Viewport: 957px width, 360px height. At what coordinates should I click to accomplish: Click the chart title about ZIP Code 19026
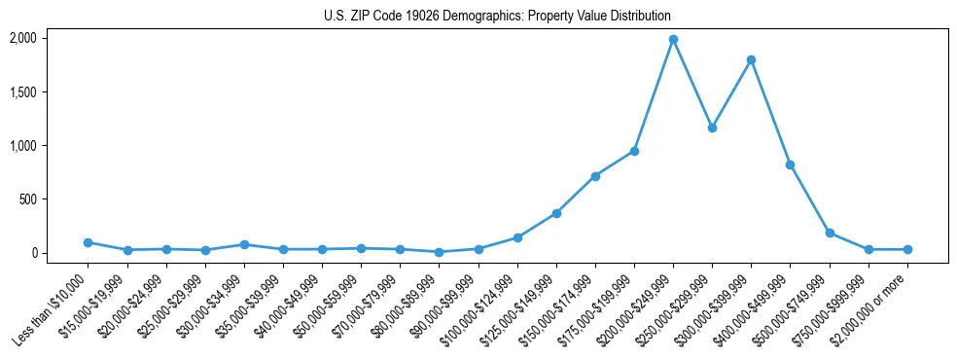click(497, 17)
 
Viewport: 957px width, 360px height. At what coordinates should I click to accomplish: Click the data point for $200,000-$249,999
click(673, 40)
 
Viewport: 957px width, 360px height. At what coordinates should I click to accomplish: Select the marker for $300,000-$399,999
click(751, 60)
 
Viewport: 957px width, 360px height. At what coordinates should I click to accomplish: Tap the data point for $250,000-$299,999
click(712, 127)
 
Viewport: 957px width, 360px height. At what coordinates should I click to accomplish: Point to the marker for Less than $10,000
click(89, 242)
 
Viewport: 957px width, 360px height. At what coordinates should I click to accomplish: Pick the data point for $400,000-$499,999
click(790, 164)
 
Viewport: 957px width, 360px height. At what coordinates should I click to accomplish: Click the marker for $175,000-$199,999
click(634, 151)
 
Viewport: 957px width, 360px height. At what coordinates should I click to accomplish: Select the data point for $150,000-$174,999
click(595, 176)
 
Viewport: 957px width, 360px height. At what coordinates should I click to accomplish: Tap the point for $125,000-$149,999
click(556, 213)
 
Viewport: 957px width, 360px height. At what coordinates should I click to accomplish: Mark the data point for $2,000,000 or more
click(907, 250)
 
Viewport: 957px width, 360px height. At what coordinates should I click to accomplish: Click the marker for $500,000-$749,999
click(830, 233)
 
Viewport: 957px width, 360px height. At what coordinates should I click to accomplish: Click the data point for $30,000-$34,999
click(244, 244)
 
